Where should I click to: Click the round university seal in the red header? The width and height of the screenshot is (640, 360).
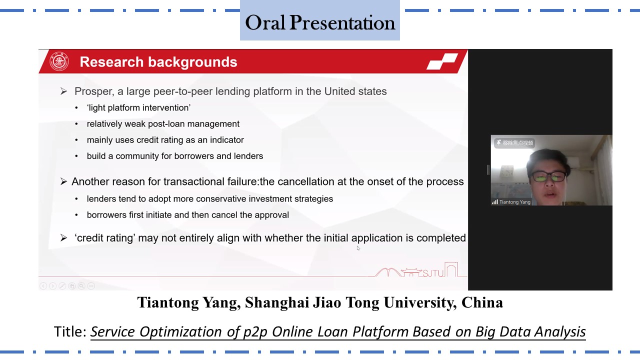pos(59,61)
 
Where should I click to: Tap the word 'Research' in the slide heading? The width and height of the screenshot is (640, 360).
pos(111,62)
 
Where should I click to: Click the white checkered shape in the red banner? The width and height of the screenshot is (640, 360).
pos(442,61)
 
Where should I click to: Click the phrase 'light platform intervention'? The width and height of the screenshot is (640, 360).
pos(138,107)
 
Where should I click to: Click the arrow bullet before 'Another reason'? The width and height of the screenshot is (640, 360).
pos(63,181)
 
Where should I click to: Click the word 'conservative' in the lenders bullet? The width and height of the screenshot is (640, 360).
pos(221,199)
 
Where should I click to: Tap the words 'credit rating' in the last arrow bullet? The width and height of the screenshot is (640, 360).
pos(105,238)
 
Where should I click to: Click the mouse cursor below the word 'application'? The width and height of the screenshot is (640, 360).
pos(358,248)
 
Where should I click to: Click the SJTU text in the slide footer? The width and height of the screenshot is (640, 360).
pos(433,273)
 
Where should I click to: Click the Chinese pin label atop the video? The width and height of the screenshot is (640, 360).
pos(514,143)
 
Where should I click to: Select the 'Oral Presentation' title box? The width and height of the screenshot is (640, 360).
pos(319,20)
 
